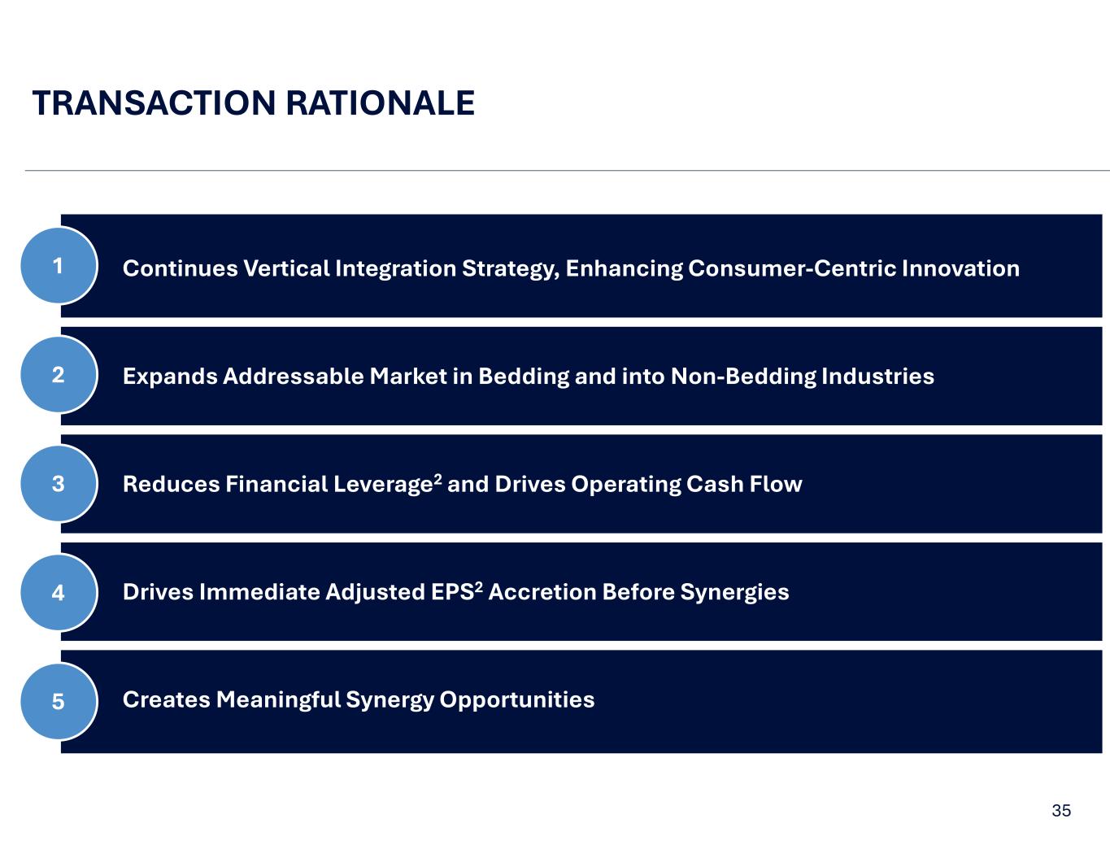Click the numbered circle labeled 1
(59, 266)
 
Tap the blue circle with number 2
(59, 375)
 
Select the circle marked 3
(59, 484)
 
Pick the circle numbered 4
(59, 592)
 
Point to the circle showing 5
(59, 701)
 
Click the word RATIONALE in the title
(380, 103)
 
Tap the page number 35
(1061, 811)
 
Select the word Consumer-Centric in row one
(792, 268)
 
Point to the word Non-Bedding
(742, 377)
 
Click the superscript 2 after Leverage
(437, 479)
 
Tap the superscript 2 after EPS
(479, 587)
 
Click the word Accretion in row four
(542, 592)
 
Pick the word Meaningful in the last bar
(278, 700)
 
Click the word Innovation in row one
(960, 268)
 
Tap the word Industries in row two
(877, 377)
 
